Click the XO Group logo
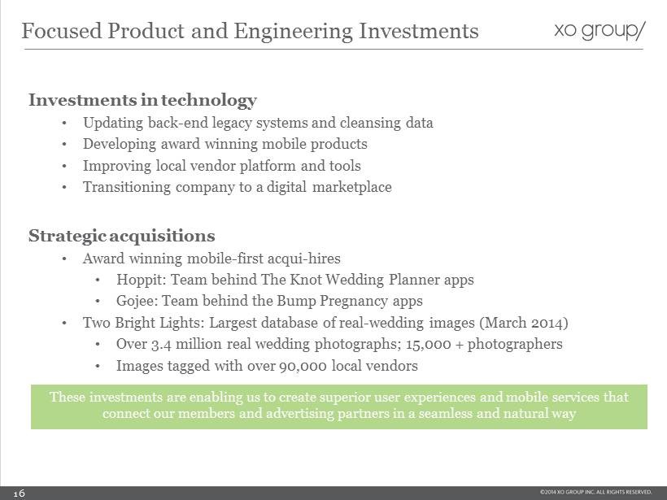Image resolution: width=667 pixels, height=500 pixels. pyautogui.click(x=599, y=31)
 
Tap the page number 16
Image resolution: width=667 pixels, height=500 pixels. pyautogui.click(x=20, y=493)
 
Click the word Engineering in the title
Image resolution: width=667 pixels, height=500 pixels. pyautogui.click(x=293, y=32)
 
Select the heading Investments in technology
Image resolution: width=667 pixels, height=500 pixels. pyautogui.click(x=142, y=100)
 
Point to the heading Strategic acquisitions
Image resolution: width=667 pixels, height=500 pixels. pyautogui.click(x=122, y=236)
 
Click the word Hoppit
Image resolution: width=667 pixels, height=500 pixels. pyautogui.click(x=143, y=280)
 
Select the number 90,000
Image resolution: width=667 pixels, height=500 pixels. pyautogui.click(x=303, y=366)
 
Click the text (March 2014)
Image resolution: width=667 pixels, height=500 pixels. pyautogui.click(x=524, y=323)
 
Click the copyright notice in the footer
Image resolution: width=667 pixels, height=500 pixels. pyautogui.click(x=595, y=492)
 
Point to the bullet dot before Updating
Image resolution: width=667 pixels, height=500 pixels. pyautogui.click(x=63, y=124)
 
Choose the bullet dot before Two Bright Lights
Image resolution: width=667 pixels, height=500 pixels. pyautogui.click(x=63, y=323)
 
